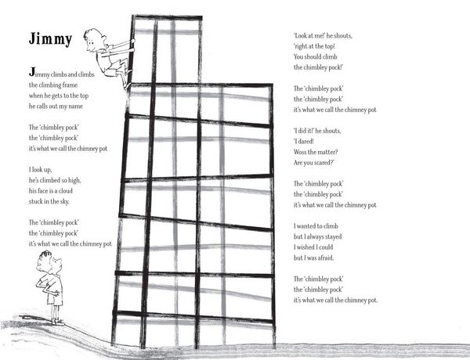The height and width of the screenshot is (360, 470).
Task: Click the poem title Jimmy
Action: (x=50, y=39)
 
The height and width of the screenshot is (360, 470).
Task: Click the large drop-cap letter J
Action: (x=32, y=72)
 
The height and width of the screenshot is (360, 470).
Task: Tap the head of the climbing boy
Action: (x=93, y=40)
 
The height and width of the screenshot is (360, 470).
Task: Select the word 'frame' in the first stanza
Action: (x=70, y=85)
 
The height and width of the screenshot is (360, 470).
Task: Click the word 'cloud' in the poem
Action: (x=65, y=191)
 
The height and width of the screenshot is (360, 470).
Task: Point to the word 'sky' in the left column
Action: (x=64, y=202)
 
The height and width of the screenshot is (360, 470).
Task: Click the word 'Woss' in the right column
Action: (x=300, y=152)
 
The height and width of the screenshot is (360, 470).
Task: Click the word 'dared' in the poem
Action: (x=305, y=142)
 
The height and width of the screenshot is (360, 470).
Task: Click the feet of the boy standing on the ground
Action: (x=57, y=322)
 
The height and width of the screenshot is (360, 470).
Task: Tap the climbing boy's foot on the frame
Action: (x=128, y=85)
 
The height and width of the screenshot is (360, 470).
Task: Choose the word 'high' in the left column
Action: (x=74, y=180)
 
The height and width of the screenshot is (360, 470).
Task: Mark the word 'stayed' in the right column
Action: (x=333, y=236)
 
